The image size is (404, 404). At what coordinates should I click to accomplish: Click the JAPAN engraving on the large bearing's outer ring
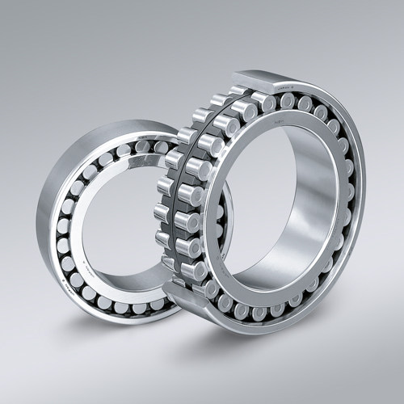point(284,85)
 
